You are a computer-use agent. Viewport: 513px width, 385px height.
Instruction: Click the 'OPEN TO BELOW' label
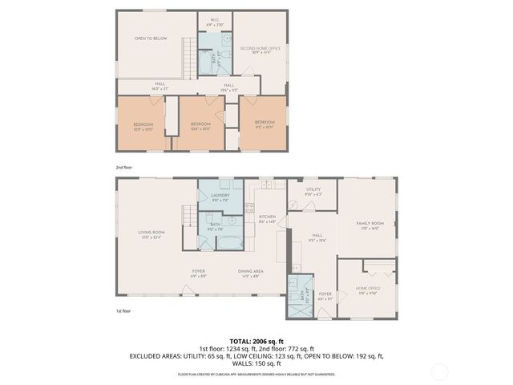[151, 38]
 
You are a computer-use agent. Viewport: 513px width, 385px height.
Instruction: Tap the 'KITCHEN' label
[267, 217]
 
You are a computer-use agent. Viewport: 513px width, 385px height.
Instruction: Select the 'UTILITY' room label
[313, 191]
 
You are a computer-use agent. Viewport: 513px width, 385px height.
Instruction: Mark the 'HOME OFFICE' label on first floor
[368, 290]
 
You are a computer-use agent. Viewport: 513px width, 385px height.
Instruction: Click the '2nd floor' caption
[123, 167]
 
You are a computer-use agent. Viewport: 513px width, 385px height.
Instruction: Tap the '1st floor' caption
[123, 310]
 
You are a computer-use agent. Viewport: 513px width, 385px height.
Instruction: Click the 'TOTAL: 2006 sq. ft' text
[256, 341]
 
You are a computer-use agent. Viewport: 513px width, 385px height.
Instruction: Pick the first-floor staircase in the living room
[189, 221]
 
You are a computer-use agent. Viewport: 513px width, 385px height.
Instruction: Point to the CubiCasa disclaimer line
[256, 374]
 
